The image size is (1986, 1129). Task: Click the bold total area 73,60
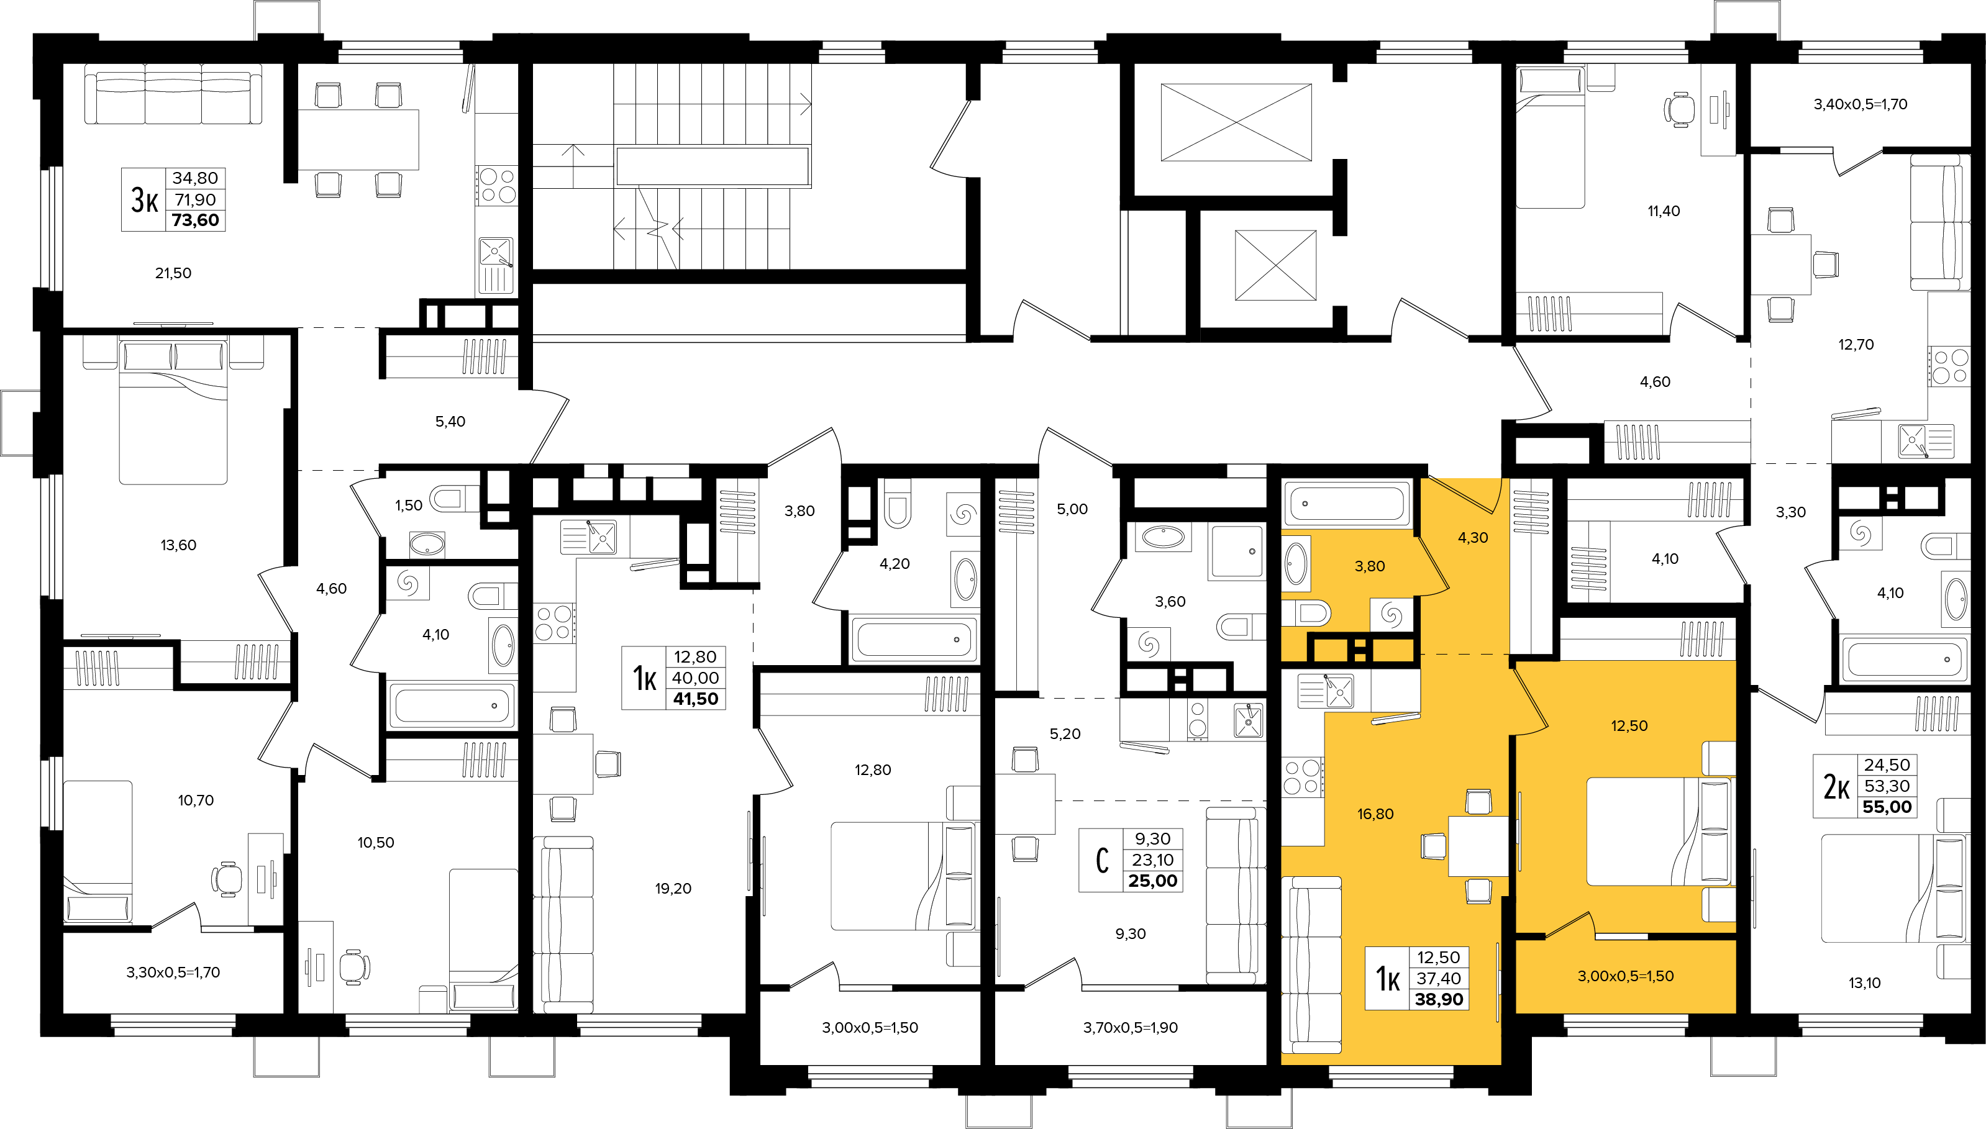pyautogui.click(x=196, y=220)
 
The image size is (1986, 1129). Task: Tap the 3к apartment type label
pyautogui.click(x=144, y=200)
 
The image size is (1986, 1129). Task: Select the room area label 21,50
pyautogui.click(x=173, y=273)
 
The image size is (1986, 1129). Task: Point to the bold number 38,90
pyautogui.click(x=1439, y=999)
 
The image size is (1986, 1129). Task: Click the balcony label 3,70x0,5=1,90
pyautogui.click(x=1130, y=1027)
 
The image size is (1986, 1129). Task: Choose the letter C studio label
pyautogui.click(x=1102, y=860)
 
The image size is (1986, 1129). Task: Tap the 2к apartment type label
pyautogui.click(x=1836, y=786)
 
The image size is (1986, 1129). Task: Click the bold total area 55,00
pyautogui.click(x=1887, y=807)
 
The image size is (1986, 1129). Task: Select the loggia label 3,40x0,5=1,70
pyautogui.click(x=1860, y=104)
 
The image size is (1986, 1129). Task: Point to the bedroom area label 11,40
pyautogui.click(x=1664, y=211)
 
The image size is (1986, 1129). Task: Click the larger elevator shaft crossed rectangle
pyautogui.click(x=1236, y=122)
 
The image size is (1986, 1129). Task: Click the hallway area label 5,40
pyautogui.click(x=450, y=422)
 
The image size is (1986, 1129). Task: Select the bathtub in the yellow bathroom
pyautogui.click(x=1348, y=503)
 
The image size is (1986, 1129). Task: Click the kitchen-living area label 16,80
pyautogui.click(x=1375, y=814)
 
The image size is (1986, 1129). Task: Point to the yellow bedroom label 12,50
pyautogui.click(x=1629, y=726)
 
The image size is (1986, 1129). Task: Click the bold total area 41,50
pyautogui.click(x=696, y=699)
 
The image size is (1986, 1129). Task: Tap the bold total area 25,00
pyautogui.click(x=1152, y=881)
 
